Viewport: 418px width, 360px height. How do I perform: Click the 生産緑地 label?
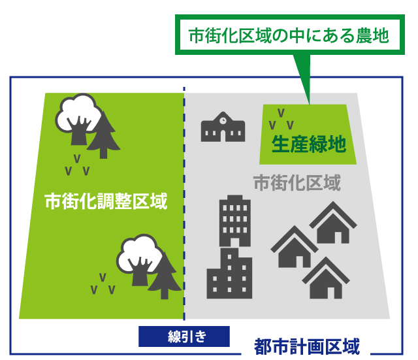pyautogui.click(x=309, y=144)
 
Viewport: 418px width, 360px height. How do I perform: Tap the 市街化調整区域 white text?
pyautogui.click(x=106, y=201)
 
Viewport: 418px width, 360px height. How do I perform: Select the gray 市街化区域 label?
pyautogui.click(x=297, y=183)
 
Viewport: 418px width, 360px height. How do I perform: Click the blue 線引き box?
pyautogui.click(x=184, y=336)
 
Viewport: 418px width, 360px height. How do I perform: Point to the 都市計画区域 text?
pyautogui.click(x=307, y=347)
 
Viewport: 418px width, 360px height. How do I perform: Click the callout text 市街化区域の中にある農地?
pyautogui.click(x=289, y=36)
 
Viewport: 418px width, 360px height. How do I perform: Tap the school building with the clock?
pyautogui.click(x=223, y=127)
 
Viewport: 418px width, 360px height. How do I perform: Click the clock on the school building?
pyautogui.click(x=223, y=121)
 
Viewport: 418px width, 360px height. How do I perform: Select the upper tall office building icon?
pyautogui.click(x=235, y=221)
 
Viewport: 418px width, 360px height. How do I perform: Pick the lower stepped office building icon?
pyautogui.click(x=229, y=273)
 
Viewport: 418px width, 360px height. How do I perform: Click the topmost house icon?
pyautogui.click(x=333, y=222)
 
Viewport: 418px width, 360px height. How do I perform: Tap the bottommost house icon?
pyautogui.click(x=326, y=278)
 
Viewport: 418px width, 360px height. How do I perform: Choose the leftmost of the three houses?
pyautogui.click(x=295, y=247)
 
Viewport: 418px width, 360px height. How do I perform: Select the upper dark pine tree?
pyautogui.click(x=103, y=135)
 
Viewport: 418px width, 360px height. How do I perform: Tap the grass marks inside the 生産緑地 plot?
pyautogui.click(x=281, y=119)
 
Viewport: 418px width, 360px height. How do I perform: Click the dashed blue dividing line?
pyautogui.click(x=184, y=204)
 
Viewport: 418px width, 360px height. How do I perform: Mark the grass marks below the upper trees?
pyautogui.click(x=77, y=165)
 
